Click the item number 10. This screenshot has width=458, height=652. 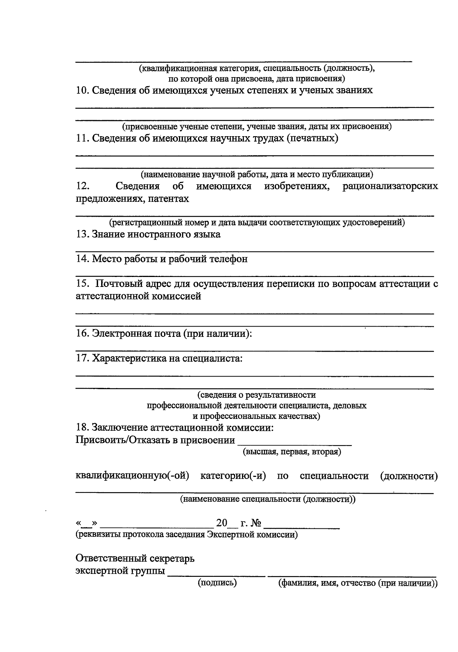pyautogui.click(x=82, y=91)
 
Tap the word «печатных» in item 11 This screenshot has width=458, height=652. pyautogui.click(x=313, y=138)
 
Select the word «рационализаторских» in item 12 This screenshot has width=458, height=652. pyautogui.click(x=390, y=187)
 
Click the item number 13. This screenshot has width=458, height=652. pyautogui.click(x=82, y=235)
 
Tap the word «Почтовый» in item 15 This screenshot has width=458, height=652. pyautogui.click(x=119, y=284)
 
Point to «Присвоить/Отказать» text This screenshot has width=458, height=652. pyautogui.click(x=123, y=441)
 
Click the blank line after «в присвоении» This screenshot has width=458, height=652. pyautogui.click(x=294, y=444)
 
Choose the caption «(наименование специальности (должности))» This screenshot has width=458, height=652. pyautogui.click(x=268, y=499)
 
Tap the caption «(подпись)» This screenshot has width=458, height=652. pyautogui.click(x=217, y=583)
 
